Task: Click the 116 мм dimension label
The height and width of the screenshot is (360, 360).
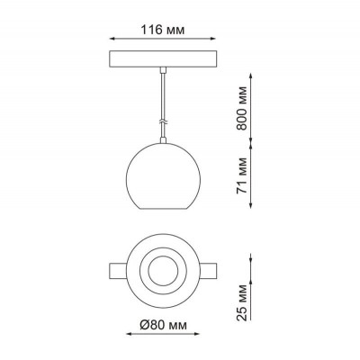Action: [163, 30]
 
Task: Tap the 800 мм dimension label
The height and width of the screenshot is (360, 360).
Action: [242, 108]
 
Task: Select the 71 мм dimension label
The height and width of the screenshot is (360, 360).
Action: [242, 175]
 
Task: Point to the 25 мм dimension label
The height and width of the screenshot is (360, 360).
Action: [242, 302]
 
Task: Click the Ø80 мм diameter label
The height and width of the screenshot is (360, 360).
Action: [163, 325]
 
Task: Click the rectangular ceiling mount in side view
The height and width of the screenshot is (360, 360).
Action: [163, 58]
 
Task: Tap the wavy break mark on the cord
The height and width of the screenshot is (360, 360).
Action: [163, 122]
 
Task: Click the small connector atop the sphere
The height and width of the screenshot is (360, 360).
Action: [163, 140]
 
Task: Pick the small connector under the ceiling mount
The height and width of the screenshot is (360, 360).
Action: [163, 70]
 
